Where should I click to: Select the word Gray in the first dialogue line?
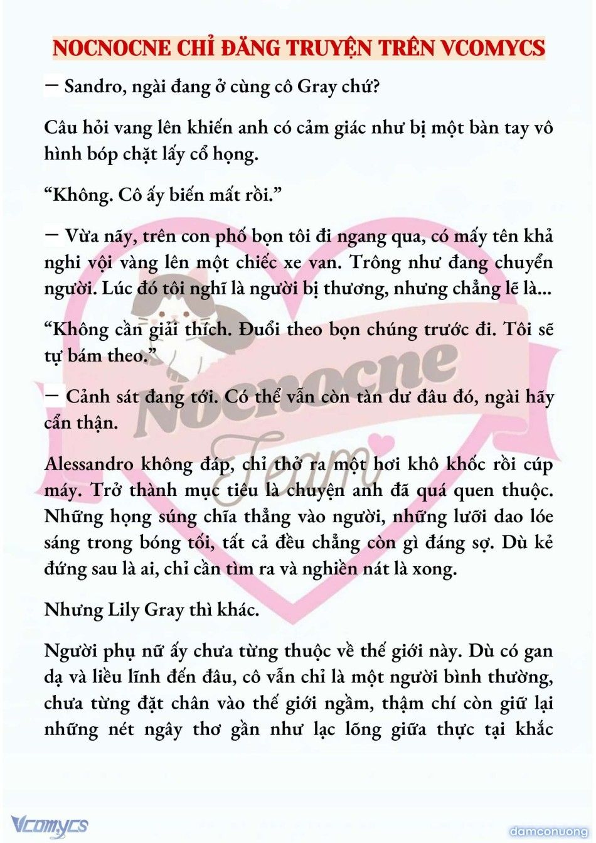tap(317, 87)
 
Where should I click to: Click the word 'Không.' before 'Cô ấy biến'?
tap(78, 195)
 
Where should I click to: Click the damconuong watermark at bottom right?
tap(548, 831)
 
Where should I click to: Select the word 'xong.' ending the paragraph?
tap(434, 569)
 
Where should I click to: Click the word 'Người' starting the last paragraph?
tap(70, 651)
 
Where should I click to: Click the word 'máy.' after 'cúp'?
tap(63, 491)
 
